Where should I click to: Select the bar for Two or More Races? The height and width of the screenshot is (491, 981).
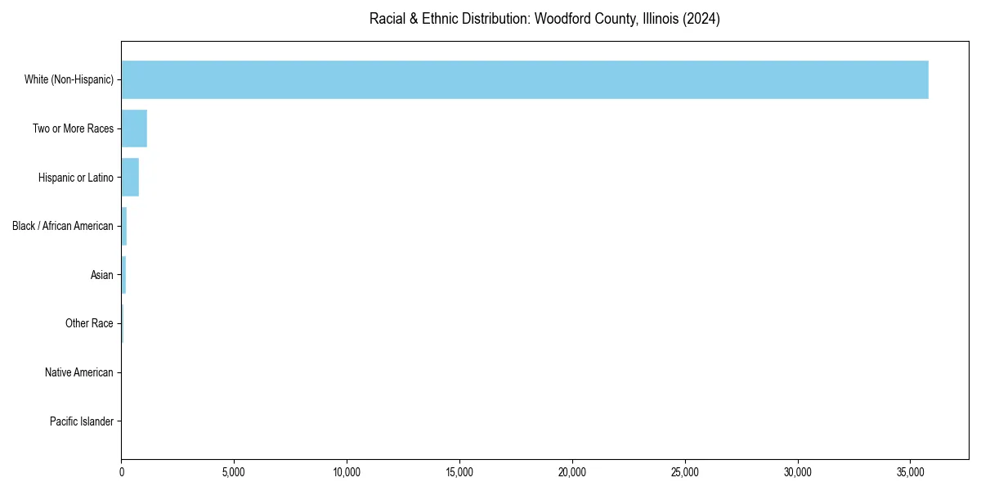(x=134, y=128)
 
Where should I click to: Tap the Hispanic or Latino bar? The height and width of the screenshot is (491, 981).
(x=130, y=178)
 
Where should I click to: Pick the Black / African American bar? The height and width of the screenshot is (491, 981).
(x=124, y=226)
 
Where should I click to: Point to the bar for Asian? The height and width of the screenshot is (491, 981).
(x=123, y=275)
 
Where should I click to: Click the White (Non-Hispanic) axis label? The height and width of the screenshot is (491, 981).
(x=69, y=79)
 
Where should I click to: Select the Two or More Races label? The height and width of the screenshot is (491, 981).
(x=73, y=128)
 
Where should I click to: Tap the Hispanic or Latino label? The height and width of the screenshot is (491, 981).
(x=75, y=178)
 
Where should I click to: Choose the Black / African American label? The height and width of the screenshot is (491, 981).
(x=62, y=226)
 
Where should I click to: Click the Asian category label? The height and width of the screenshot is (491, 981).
(x=101, y=275)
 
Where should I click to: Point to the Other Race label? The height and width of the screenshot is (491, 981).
(x=89, y=324)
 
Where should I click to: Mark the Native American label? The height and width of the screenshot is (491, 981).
(x=78, y=372)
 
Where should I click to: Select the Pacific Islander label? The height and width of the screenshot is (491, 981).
(x=81, y=421)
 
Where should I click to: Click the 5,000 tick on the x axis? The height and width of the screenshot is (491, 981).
(x=234, y=472)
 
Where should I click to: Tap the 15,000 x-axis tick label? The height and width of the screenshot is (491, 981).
(x=459, y=472)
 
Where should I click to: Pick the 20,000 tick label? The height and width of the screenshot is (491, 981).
(x=572, y=472)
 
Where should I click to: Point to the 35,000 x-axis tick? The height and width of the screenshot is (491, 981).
(x=911, y=472)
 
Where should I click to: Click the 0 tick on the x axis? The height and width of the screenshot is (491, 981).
(x=122, y=472)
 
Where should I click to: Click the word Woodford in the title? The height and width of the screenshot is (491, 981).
(x=559, y=19)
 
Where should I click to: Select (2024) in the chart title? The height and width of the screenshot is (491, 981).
(x=704, y=19)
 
